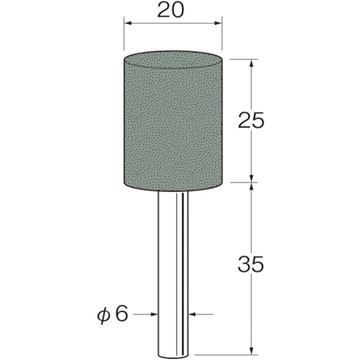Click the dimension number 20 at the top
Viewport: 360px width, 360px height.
tap(171, 9)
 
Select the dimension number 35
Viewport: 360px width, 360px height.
tap(251, 264)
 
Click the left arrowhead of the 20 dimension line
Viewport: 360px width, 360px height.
tap(128, 23)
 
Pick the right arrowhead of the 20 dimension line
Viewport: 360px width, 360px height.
tap(217, 23)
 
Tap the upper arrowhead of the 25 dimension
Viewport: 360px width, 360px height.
tap(251, 63)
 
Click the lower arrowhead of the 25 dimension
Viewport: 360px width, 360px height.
tap(251, 178)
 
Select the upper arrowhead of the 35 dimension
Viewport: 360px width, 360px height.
tap(251, 187)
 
